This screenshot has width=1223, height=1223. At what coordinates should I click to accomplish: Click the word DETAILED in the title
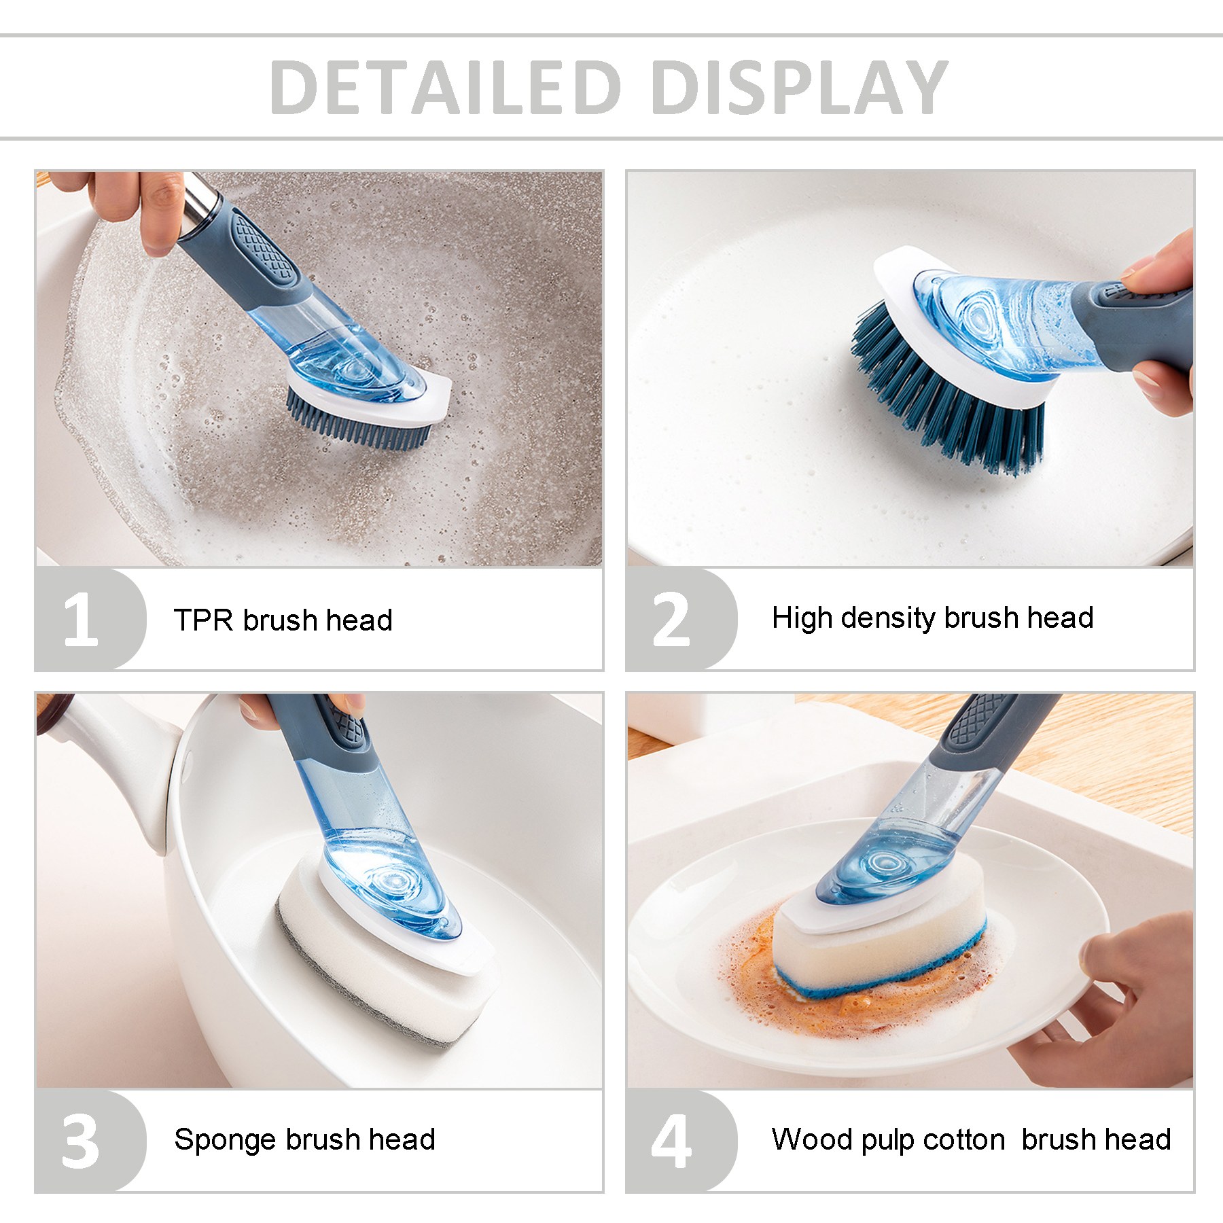(446, 87)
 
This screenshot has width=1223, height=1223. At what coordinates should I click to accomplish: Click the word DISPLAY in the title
(800, 87)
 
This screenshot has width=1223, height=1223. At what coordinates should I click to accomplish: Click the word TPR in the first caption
(203, 620)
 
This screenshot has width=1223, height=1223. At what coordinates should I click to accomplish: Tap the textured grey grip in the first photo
(264, 248)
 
